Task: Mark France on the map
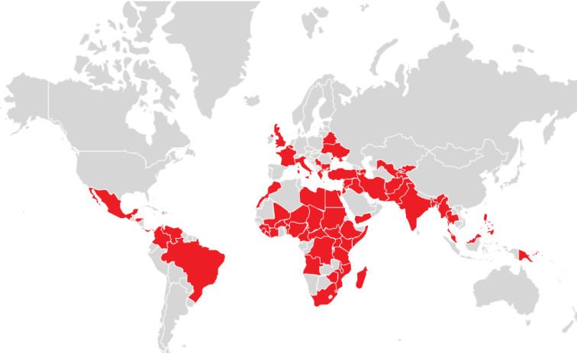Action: [x=288, y=157]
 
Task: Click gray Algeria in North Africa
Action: [x=288, y=196]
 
